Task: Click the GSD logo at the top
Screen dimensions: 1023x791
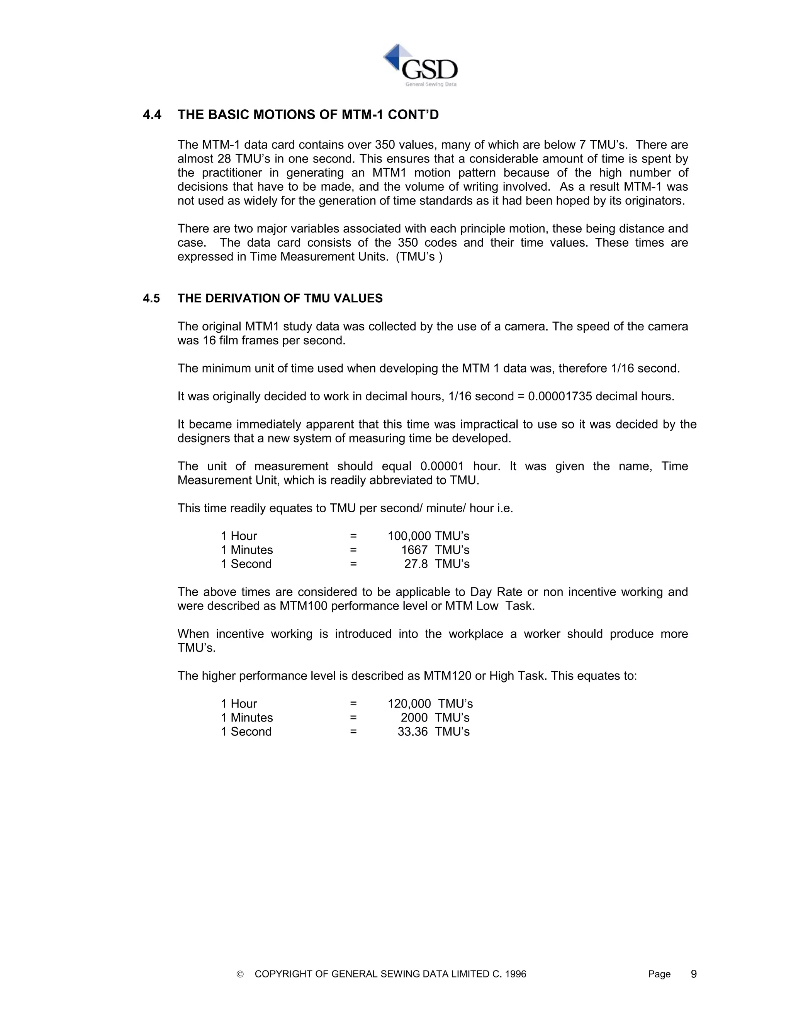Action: point(420,66)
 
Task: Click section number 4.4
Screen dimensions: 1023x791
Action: point(152,115)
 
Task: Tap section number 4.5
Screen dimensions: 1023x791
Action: point(151,298)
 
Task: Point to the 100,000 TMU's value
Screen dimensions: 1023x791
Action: point(428,536)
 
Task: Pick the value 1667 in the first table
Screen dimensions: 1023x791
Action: point(414,550)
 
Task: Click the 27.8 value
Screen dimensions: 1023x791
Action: point(416,564)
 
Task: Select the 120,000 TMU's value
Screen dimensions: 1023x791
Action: point(430,703)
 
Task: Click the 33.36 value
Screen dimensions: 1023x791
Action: point(412,732)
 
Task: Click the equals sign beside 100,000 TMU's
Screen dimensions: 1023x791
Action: point(353,536)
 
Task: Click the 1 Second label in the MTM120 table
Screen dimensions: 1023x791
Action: point(246,732)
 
